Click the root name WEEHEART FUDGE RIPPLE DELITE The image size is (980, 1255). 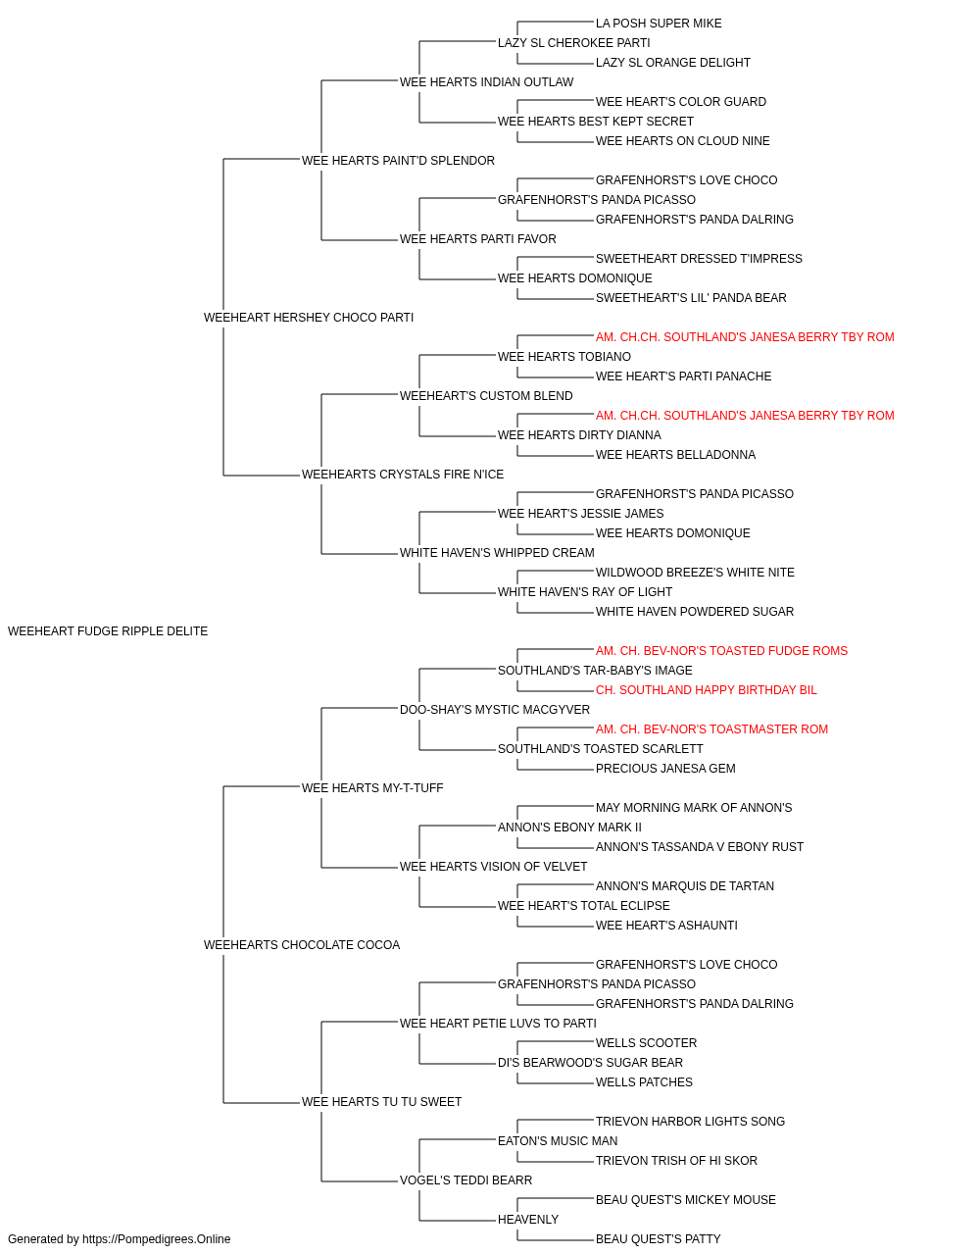tap(108, 631)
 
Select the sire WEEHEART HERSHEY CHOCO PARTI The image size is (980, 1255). tap(309, 317)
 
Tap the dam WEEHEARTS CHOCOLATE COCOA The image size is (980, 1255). tap(302, 945)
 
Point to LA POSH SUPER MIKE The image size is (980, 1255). tap(659, 24)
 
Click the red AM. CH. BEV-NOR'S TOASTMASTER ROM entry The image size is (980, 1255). tap(711, 728)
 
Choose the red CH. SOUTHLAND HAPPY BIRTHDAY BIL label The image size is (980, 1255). tap(707, 689)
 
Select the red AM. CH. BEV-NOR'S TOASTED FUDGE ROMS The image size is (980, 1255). tap(721, 650)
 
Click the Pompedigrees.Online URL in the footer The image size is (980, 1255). tap(157, 1239)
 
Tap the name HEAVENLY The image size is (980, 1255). tap(528, 1219)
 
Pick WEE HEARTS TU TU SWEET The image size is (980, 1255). tap(381, 1101)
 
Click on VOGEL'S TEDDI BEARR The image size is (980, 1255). tap(465, 1180)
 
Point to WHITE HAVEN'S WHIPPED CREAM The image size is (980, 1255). tap(497, 553)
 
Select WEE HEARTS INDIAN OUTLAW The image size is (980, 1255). tap(486, 82)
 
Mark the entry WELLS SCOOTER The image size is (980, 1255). tap(647, 1042)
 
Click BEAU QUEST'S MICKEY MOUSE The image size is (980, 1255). tap(686, 1199)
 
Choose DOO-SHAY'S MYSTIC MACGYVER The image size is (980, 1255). tap(495, 709)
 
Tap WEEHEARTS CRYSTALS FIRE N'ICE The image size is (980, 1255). tap(403, 475)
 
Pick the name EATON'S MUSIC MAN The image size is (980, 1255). tap(558, 1140)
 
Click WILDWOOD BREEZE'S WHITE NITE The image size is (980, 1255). tap(695, 573)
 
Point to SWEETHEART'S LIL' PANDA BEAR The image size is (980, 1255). tap(691, 297)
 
